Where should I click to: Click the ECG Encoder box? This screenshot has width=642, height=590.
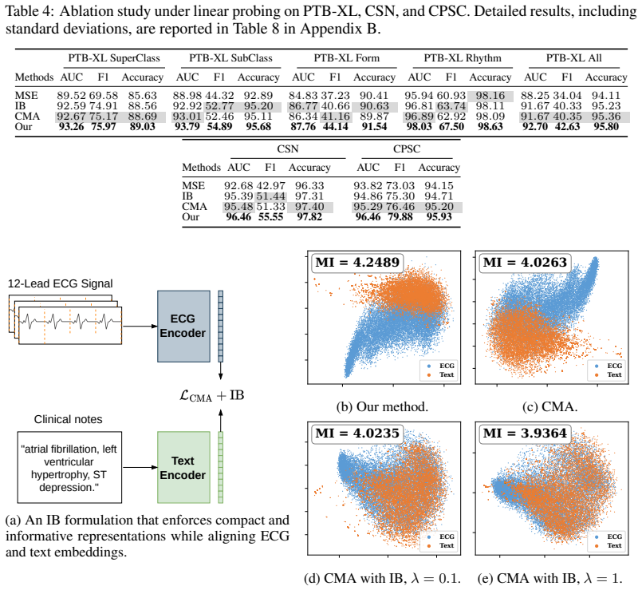(183, 327)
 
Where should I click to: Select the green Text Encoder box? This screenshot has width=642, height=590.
(183, 467)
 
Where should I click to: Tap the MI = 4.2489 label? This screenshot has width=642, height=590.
(357, 263)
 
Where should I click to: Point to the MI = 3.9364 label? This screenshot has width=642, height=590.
(525, 433)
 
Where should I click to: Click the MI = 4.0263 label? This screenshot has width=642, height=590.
(525, 263)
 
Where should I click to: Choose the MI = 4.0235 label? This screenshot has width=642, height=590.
(357, 433)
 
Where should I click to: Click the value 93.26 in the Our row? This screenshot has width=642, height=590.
(71, 127)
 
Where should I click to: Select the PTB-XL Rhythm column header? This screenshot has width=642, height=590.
(463, 58)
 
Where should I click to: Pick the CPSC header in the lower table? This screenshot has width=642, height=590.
(407, 148)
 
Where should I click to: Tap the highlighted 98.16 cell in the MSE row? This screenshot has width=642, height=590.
(490, 96)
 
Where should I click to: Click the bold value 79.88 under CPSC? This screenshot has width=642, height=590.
(400, 217)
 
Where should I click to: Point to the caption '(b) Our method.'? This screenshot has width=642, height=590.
(382, 406)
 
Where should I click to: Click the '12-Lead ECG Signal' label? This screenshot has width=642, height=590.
(60, 283)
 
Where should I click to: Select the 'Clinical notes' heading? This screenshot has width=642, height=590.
(68, 419)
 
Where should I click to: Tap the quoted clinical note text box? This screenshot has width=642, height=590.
(69, 467)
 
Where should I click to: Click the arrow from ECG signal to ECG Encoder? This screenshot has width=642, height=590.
(140, 327)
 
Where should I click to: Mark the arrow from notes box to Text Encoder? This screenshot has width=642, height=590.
(140, 467)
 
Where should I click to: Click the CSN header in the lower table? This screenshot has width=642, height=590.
(287, 148)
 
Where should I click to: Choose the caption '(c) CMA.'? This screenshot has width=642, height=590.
(549, 406)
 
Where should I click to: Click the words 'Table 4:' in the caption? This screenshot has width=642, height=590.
(29, 11)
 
